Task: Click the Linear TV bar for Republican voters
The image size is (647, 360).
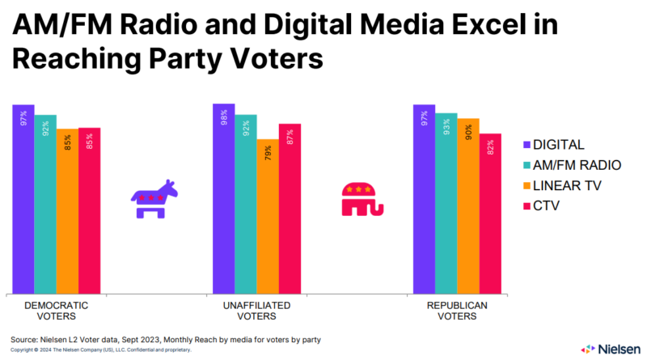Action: pos(468,205)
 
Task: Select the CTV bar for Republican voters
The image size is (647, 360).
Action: pos(490,214)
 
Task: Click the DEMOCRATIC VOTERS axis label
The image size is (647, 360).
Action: pos(57,311)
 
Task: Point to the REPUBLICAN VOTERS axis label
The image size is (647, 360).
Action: pos(457,311)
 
